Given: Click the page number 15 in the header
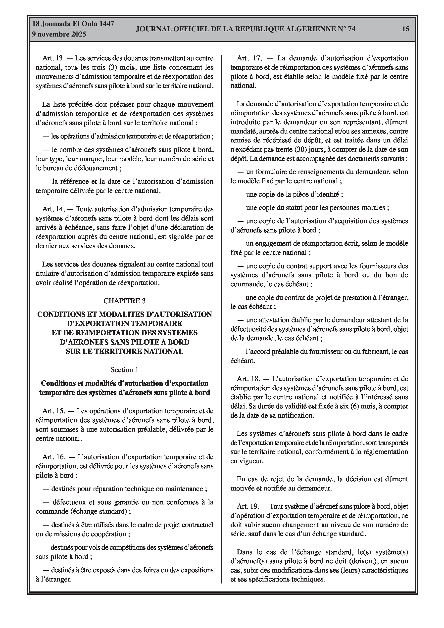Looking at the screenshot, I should point(406,29).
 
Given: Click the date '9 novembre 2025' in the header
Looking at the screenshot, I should point(59,34).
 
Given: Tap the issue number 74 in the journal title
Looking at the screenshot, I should point(351,29).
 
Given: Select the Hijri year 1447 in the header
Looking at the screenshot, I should point(107,24).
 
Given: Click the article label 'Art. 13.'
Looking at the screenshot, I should point(53,58).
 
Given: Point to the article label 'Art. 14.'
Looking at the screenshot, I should point(53,209).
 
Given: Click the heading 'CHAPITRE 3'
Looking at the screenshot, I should point(125,301).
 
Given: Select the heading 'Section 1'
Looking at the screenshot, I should point(125,370).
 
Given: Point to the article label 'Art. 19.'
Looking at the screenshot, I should point(247,507).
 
